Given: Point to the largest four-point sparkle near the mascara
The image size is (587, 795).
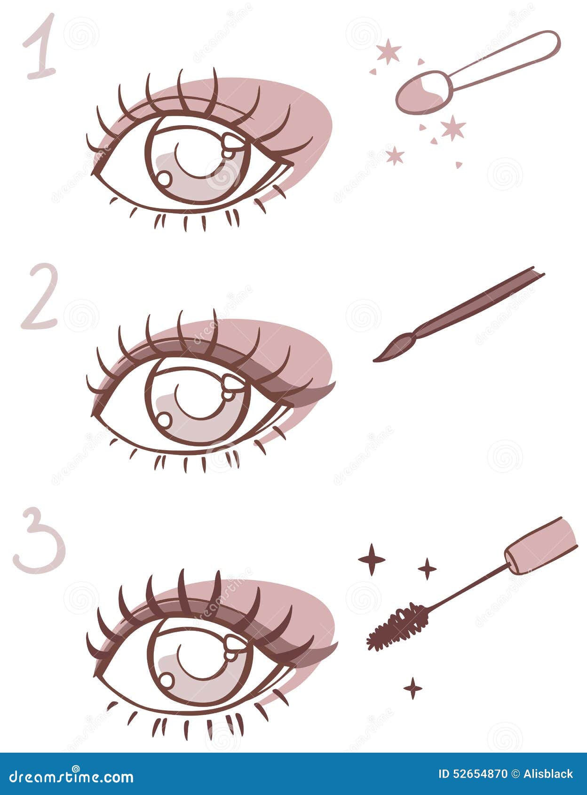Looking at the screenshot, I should point(372,559).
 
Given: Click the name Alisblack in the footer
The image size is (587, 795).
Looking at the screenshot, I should point(547,774).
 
